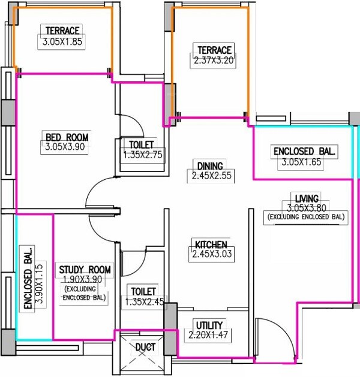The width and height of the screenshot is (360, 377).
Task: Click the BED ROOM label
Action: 67,137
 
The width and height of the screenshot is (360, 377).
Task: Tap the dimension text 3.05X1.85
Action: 62,42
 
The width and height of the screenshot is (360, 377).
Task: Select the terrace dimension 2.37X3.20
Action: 212,61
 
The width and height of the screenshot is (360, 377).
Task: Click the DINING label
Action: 209,166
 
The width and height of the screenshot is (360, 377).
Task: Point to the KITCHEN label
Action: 210,245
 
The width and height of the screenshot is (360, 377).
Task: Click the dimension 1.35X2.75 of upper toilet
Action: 141,155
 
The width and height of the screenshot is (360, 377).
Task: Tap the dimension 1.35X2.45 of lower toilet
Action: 141,301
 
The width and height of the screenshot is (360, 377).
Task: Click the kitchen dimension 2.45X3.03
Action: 210,254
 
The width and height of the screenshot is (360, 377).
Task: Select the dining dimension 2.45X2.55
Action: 209,176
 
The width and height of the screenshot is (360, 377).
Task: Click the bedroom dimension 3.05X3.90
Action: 67,147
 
